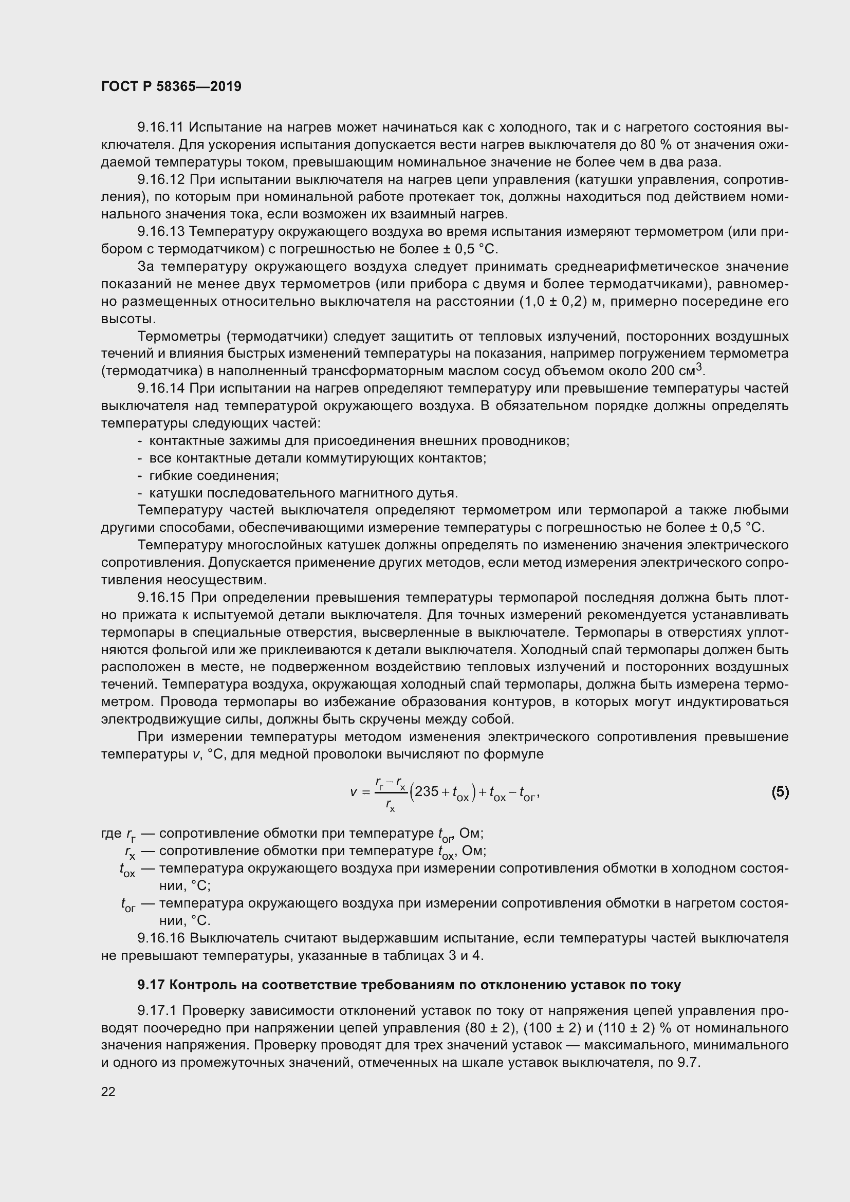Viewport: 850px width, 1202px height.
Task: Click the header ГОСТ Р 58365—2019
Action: point(171,87)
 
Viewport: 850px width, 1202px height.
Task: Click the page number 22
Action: point(108,1092)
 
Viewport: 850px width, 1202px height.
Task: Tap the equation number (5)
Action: point(780,792)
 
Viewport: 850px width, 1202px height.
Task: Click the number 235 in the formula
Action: point(426,791)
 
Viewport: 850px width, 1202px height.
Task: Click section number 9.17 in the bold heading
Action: point(151,985)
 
